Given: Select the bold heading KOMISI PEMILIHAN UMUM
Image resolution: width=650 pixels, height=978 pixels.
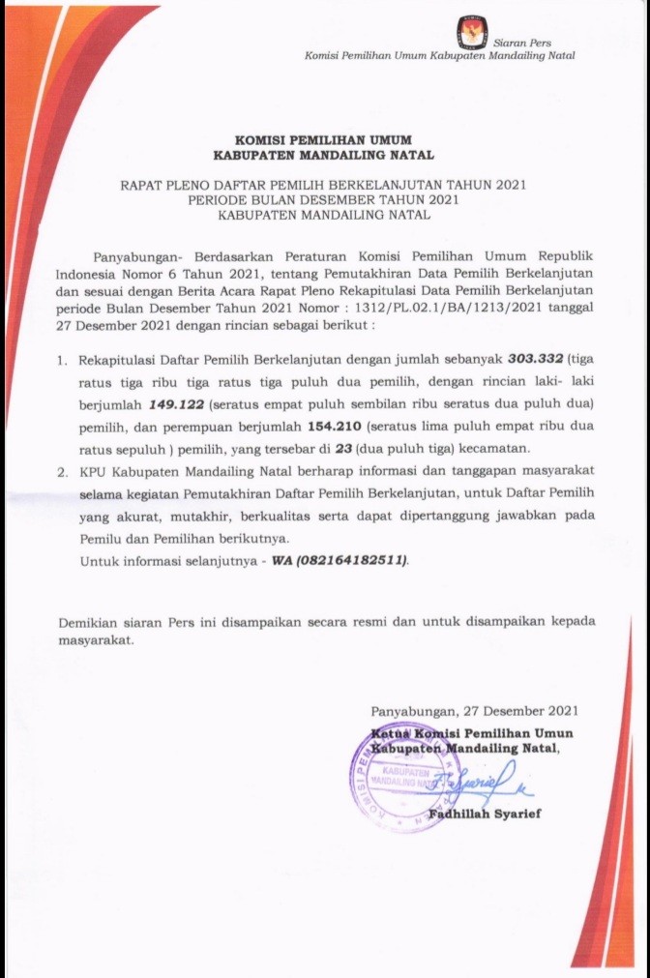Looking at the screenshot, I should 324,140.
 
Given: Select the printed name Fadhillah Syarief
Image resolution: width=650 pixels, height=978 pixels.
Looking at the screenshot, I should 485,814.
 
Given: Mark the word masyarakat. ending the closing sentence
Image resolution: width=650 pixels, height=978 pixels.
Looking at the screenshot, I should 97,639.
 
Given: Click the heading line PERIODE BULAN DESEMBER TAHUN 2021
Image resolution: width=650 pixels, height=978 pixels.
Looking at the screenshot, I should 324,199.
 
